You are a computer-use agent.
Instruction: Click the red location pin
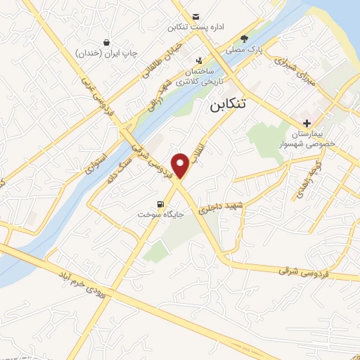coord(181,165)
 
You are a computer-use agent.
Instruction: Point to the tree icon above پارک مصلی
coord(244,39)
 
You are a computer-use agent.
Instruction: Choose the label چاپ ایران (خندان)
coord(106,53)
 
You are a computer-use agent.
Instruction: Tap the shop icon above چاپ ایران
coord(106,42)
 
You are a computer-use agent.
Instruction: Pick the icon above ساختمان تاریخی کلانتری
coord(199,60)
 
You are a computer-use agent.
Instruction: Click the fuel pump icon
coord(160,204)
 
